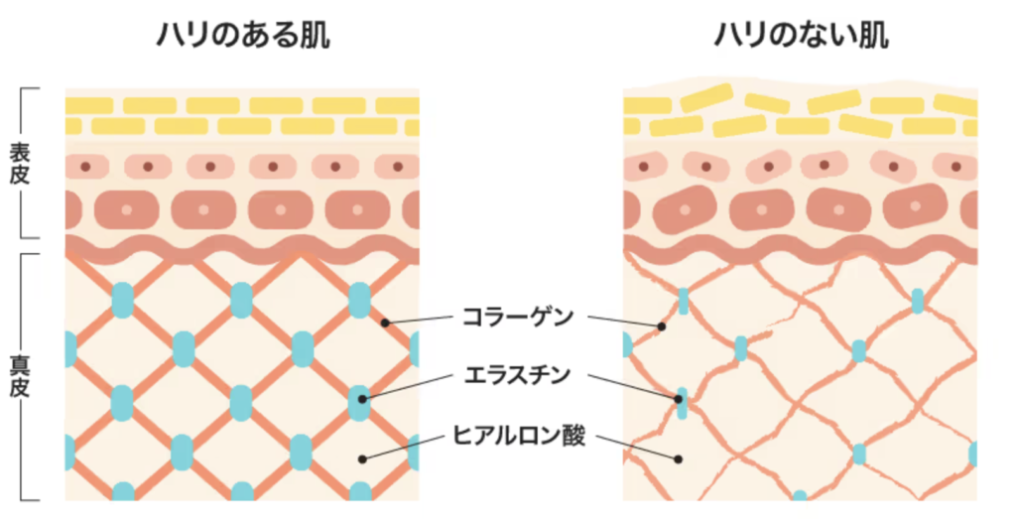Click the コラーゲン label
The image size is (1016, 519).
coord(517,318)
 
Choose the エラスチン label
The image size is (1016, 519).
coord(517,376)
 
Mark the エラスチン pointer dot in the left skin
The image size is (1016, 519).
coord(363,399)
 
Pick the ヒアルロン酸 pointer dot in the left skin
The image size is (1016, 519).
coord(363,458)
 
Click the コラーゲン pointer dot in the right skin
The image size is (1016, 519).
coord(660,324)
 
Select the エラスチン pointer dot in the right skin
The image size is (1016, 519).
coord(680,399)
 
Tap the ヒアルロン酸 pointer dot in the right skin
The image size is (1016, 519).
coord(680,458)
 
